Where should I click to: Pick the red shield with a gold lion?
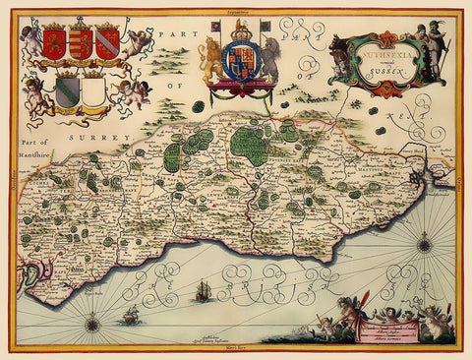53,42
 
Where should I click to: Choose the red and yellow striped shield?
82,43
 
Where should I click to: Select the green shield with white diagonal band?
68,91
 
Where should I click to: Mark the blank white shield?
93,92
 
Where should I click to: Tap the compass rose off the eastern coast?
425,241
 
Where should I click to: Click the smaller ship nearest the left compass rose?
129,316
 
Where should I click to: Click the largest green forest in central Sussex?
251,146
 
